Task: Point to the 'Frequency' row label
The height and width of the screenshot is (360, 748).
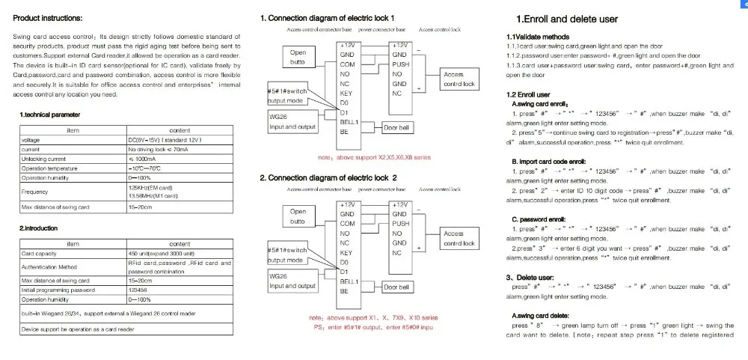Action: pyautogui.click(x=34, y=192)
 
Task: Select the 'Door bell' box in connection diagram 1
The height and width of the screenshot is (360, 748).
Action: pyautogui.click(x=396, y=128)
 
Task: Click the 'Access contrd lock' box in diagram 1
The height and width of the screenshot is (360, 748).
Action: pyautogui.click(x=459, y=79)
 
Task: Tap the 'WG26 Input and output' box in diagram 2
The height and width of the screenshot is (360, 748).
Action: pyautogui.click(x=292, y=281)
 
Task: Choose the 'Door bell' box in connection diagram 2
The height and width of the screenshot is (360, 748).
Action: pyautogui.click(x=396, y=287)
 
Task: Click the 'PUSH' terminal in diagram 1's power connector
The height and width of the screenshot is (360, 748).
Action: pyautogui.click(x=401, y=64)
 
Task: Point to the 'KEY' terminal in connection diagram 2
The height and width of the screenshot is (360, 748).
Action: pyautogui.click(x=346, y=253)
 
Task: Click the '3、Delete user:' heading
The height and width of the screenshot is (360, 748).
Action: pyautogui.click(x=532, y=277)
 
